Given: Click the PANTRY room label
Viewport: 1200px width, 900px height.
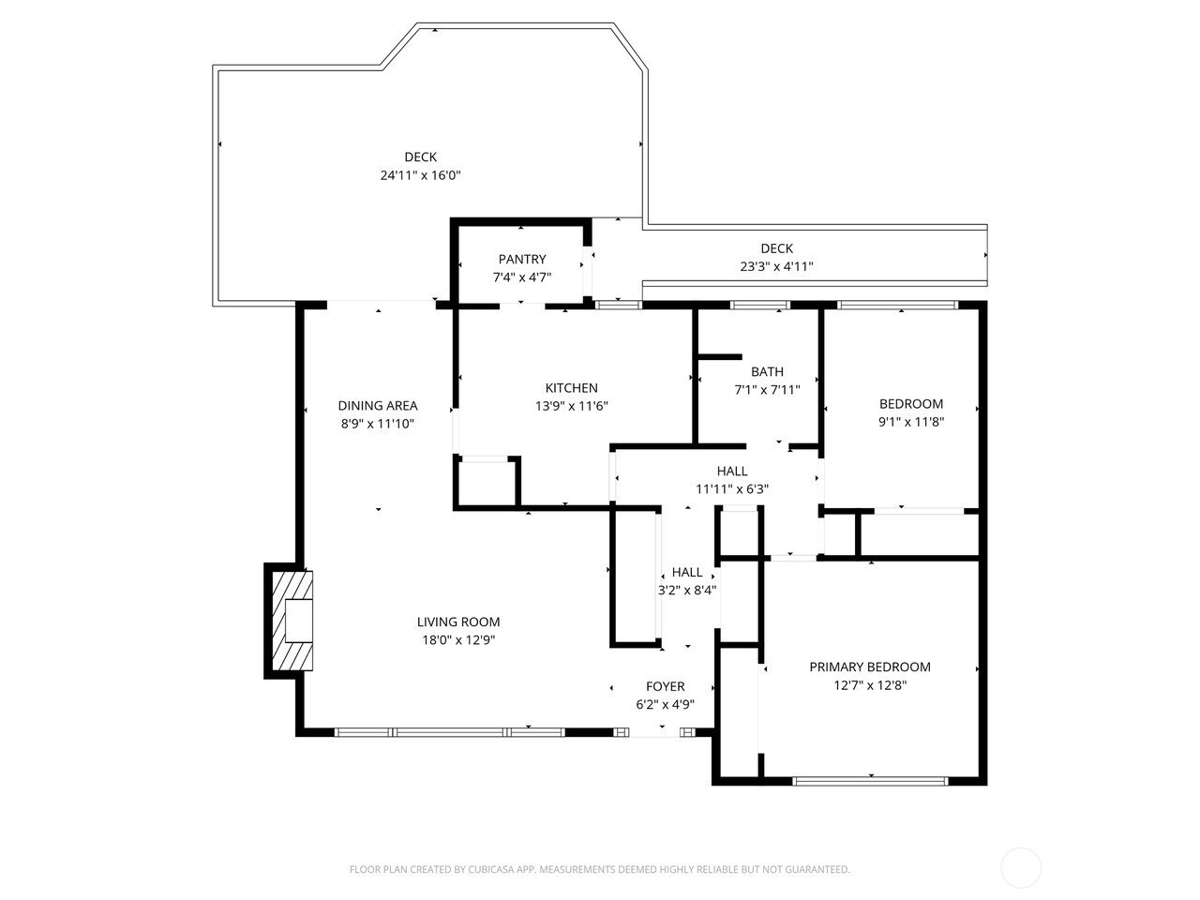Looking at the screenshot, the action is (x=521, y=259).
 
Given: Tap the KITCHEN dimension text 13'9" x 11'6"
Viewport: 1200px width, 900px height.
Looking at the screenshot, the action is (x=571, y=406).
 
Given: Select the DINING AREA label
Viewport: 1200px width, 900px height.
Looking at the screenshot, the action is (x=377, y=405).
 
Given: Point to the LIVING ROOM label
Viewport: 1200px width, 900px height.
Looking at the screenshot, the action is (x=458, y=622).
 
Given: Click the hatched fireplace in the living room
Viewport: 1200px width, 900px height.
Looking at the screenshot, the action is (x=292, y=621).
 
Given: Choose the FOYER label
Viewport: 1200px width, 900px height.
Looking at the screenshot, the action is (x=665, y=686).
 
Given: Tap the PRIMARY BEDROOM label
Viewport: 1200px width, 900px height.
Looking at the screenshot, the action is (x=870, y=667).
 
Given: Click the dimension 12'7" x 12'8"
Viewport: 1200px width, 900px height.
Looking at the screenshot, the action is (x=870, y=684).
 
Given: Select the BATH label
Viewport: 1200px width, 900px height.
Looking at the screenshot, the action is (x=767, y=371).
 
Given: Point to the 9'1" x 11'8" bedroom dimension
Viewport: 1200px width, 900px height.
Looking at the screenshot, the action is (x=911, y=422).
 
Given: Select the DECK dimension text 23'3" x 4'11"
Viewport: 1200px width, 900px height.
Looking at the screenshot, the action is (x=776, y=266).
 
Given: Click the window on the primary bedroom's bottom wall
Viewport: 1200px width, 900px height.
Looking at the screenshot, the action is (x=870, y=782).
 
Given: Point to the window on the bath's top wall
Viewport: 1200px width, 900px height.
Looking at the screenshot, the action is (x=760, y=305).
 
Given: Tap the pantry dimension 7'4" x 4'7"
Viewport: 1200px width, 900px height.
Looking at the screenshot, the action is (x=521, y=277).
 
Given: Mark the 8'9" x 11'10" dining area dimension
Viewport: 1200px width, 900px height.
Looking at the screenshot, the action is (x=377, y=424).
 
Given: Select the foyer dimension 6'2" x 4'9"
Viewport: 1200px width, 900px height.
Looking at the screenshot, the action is (x=665, y=704).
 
